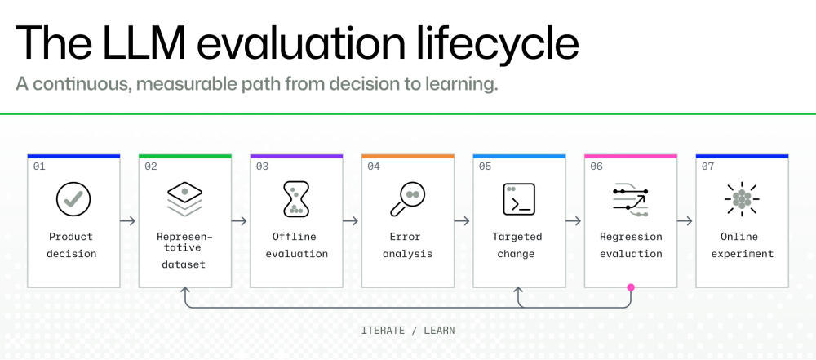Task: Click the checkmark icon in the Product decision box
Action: [73, 199]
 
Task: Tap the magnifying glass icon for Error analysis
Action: [407, 199]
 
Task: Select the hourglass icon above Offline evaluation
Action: [296, 199]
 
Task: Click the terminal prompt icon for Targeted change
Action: [519, 199]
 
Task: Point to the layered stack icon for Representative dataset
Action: [184, 199]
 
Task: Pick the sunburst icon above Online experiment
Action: [742, 199]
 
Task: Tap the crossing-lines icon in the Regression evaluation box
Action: [630, 199]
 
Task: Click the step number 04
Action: [374, 167]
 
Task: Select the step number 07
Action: [707, 167]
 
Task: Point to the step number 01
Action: [39, 167]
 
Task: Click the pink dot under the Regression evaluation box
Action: [631, 287]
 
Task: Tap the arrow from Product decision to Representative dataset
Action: [127, 221]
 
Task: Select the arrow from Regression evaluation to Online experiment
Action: [685, 221]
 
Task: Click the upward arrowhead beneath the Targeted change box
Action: [519, 290]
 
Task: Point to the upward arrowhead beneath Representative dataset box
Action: [184, 290]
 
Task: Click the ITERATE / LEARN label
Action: [408, 331]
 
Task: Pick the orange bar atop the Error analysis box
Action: [407, 156]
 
